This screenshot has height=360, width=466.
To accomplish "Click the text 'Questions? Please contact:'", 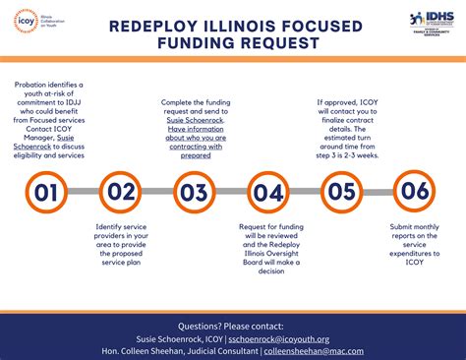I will coord(233,325).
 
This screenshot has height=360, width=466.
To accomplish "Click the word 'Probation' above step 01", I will coord(35,87).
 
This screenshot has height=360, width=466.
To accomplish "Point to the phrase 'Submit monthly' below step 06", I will coord(415,229).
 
